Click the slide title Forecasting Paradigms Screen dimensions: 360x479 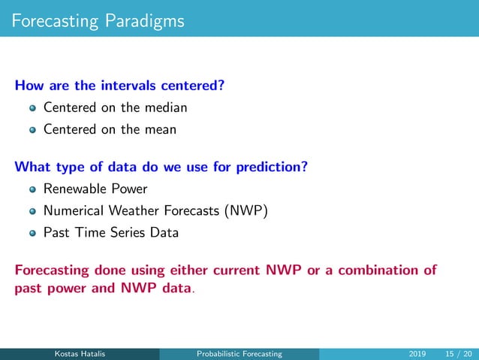coord(98,20)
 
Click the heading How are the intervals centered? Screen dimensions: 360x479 coord(119,84)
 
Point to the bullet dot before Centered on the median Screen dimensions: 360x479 coord(32,108)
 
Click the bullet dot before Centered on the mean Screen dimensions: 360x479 coord(32,130)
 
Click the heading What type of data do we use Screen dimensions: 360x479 coord(161,165)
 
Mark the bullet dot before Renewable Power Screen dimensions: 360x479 coord(32,189)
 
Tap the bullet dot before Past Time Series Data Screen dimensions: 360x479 coord(32,233)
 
